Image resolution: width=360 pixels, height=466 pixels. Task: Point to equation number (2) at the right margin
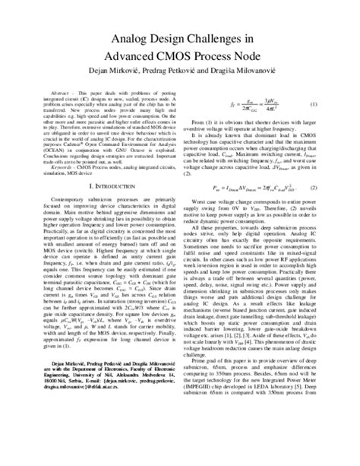[326, 207]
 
